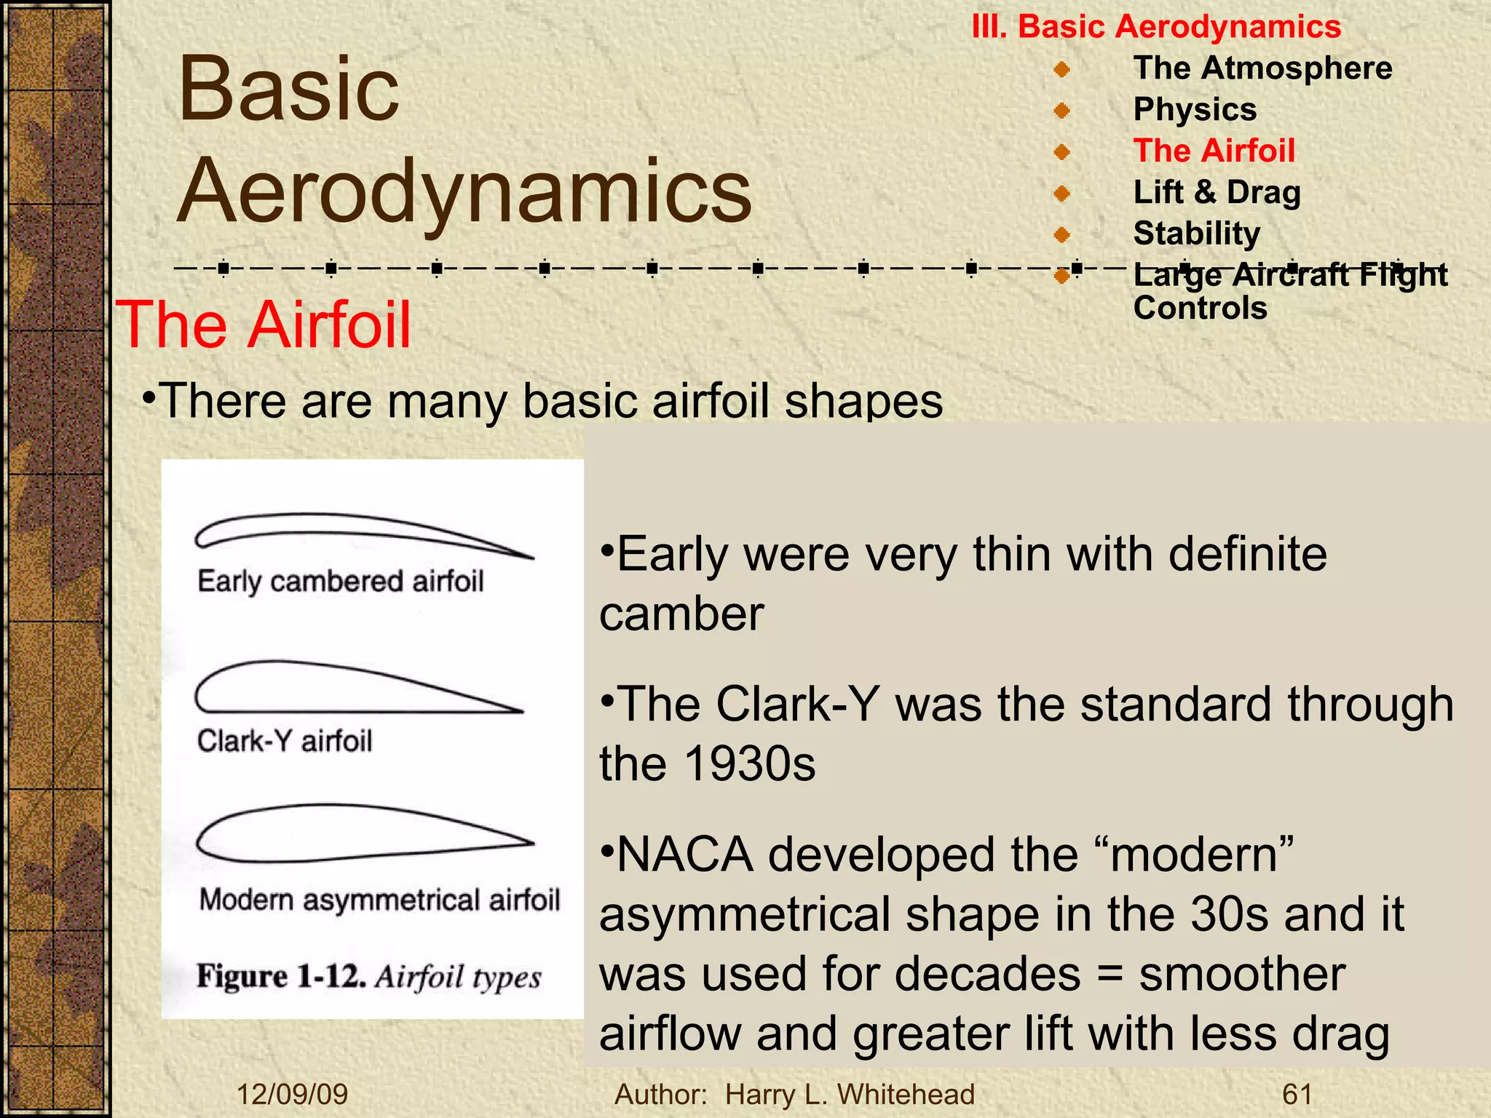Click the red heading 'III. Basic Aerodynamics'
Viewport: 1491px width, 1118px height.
[1156, 27]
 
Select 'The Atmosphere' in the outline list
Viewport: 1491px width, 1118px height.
[1262, 68]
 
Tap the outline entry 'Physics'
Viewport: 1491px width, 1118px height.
[1195, 110]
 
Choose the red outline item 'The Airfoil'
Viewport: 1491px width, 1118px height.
[1214, 151]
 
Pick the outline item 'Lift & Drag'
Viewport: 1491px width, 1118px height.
[1217, 193]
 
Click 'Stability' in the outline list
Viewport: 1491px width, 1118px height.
[1196, 234]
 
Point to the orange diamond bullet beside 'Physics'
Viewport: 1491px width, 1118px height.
[1062, 111]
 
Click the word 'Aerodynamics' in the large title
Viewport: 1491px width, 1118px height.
[464, 191]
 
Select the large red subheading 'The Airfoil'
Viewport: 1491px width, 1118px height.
[264, 325]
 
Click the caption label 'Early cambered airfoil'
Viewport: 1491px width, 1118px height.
[340, 582]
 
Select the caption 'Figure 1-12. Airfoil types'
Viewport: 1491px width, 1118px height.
[368, 977]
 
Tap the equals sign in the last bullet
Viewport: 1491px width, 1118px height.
[1110, 975]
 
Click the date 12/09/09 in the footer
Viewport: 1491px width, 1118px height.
[293, 1095]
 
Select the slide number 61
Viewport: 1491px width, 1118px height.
[1297, 1095]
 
